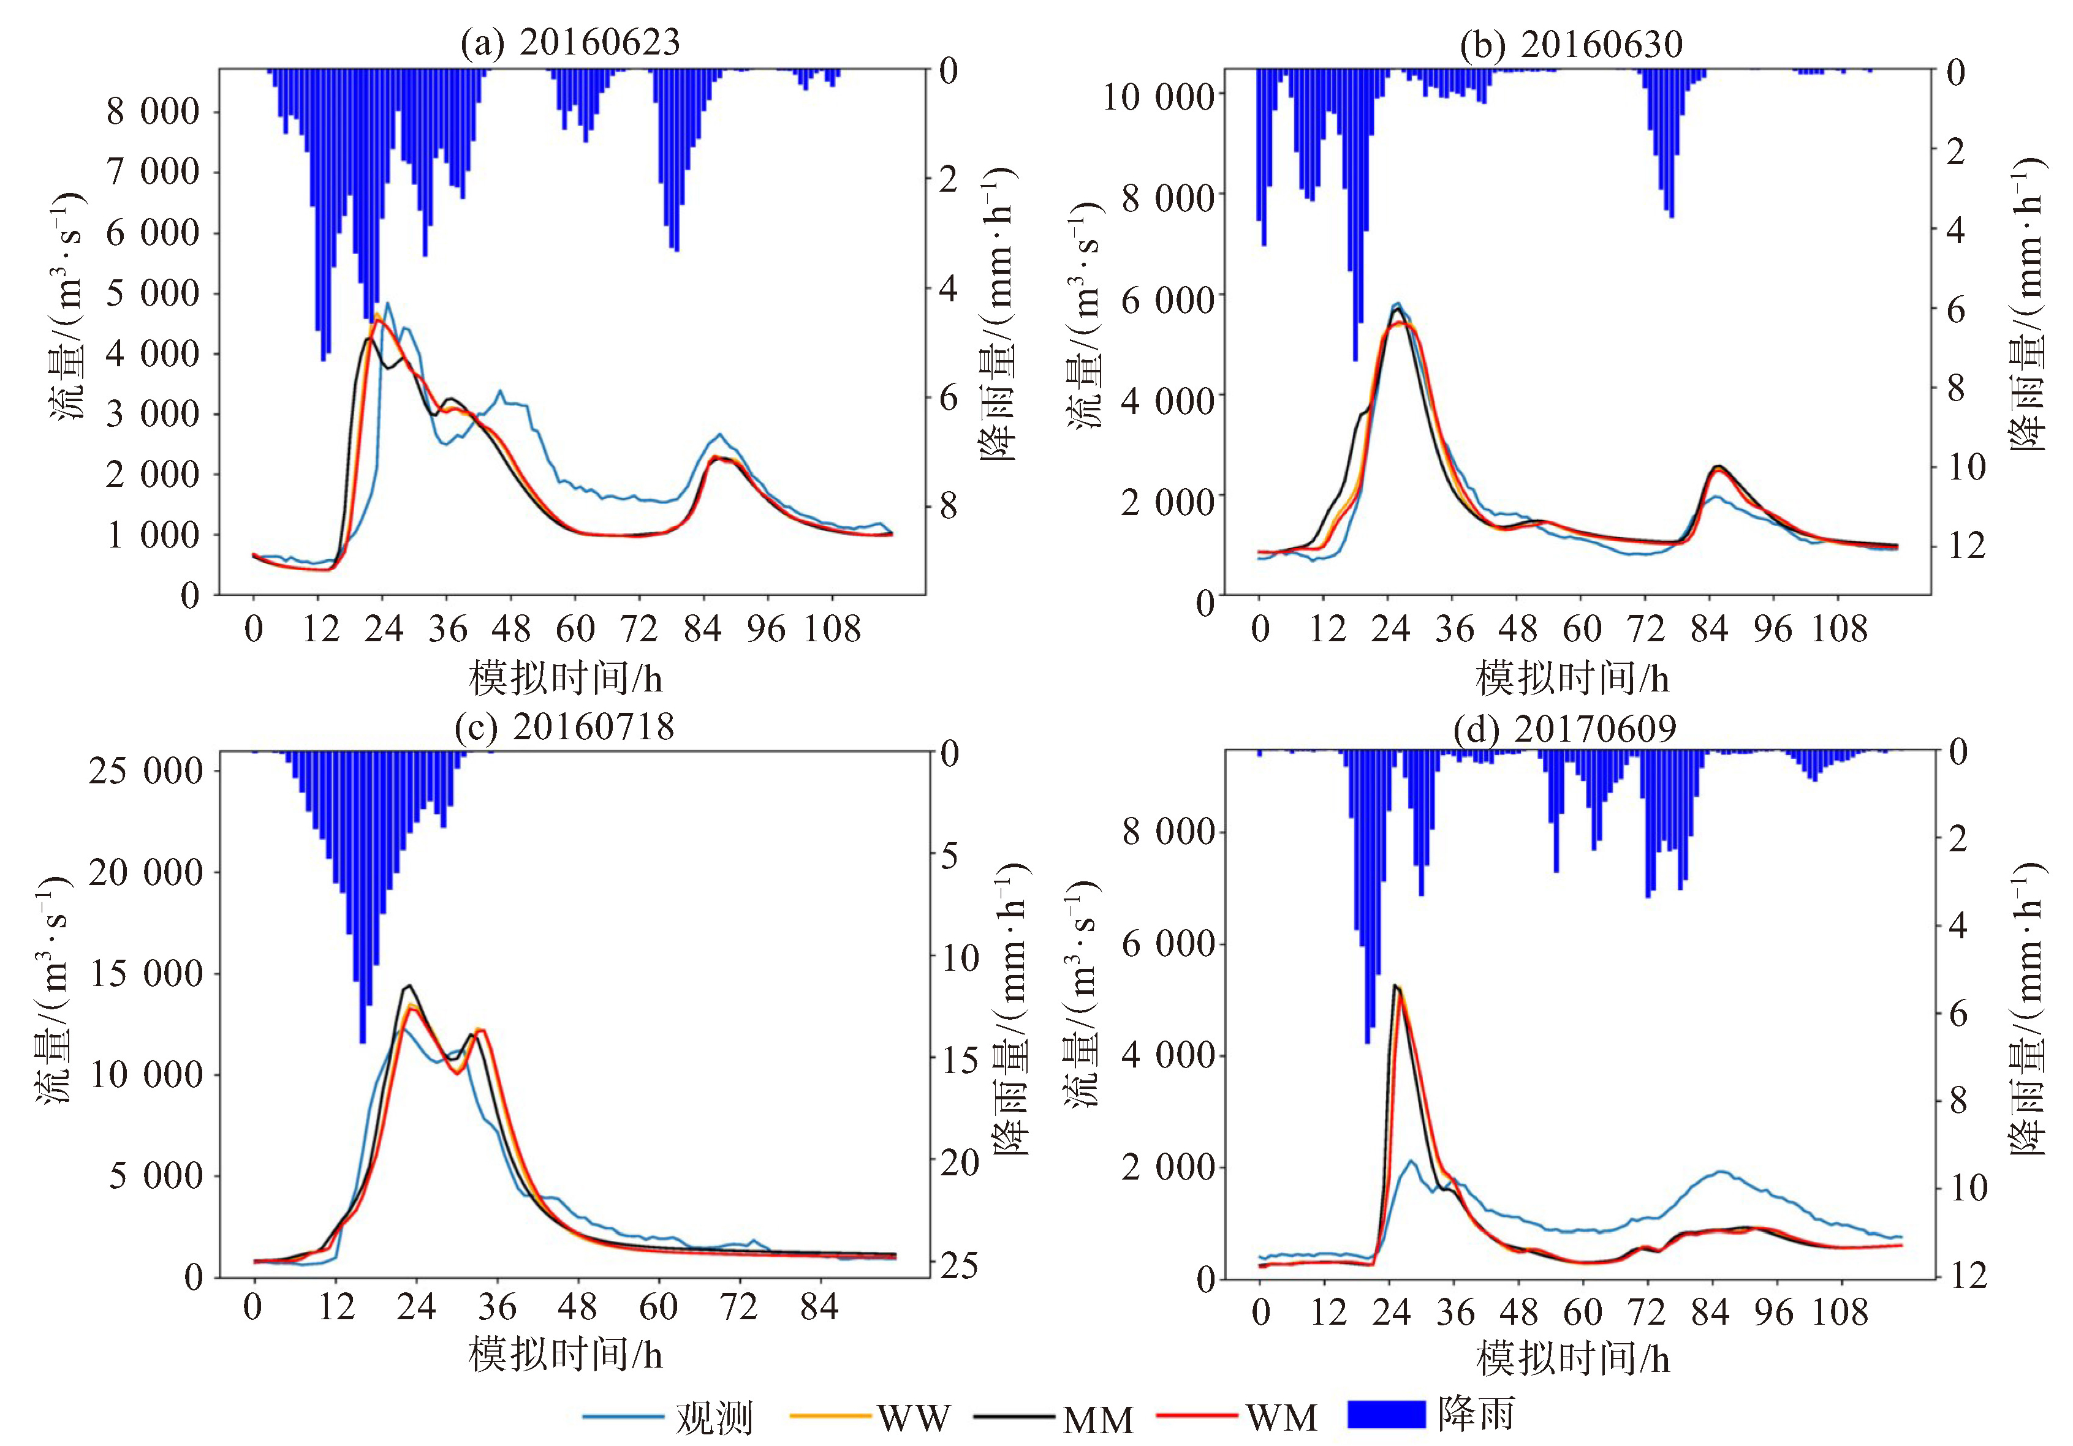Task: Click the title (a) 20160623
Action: pos(570,42)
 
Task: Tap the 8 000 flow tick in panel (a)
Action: pos(153,112)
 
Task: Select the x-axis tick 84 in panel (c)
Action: pos(819,1307)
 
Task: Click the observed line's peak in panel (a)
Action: pos(387,303)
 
